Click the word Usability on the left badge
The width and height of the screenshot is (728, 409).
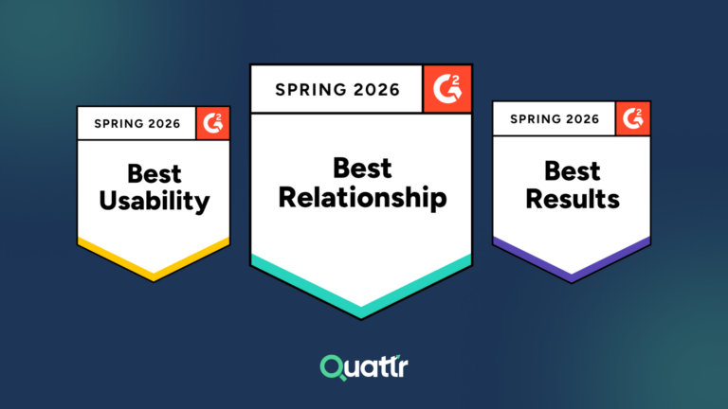tap(154, 201)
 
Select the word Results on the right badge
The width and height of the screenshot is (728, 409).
tap(572, 199)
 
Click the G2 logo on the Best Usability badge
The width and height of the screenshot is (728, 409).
tap(213, 123)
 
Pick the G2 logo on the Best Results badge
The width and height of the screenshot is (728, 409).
tap(631, 119)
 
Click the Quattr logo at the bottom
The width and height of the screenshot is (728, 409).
tap(363, 366)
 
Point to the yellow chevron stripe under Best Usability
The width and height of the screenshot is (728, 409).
tap(154, 261)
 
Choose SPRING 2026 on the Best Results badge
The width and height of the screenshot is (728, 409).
tap(555, 119)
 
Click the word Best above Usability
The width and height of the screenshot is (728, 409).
tap(154, 174)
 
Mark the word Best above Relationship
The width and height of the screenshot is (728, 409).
tap(361, 169)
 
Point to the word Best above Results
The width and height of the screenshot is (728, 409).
tap(572, 171)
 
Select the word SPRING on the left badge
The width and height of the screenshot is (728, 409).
tap(118, 123)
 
